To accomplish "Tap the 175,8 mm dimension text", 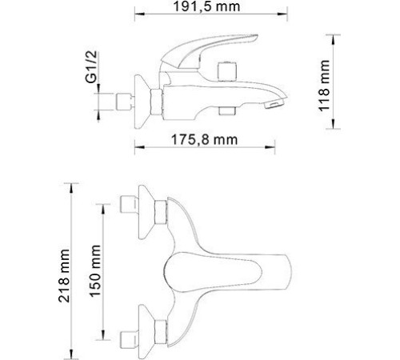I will click(204, 138).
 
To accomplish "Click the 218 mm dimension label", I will click(69, 270).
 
